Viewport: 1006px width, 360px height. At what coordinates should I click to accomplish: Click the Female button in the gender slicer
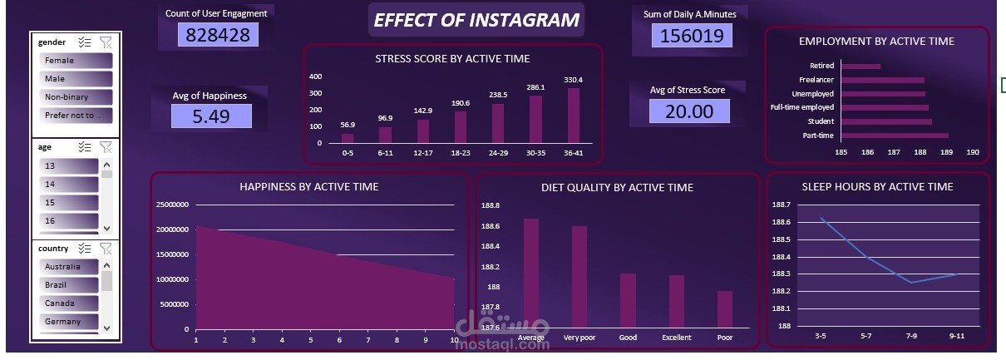(76, 61)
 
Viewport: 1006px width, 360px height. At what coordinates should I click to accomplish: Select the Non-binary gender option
(76, 97)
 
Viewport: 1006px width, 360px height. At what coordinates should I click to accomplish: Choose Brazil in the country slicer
(70, 285)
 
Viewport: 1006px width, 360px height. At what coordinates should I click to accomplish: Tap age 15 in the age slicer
(70, 203)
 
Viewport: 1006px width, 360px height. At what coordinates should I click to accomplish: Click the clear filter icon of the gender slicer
(106, 42)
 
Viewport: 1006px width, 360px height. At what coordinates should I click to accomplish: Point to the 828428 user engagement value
(217, 35)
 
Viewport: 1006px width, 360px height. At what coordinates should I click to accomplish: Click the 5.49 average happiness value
(210, 116)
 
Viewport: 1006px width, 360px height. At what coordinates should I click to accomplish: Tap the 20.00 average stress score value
(689, 111)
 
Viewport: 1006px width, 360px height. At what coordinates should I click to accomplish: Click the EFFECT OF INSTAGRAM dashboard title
(476, 20)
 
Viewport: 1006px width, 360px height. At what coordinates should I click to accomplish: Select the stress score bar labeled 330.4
(574, 115)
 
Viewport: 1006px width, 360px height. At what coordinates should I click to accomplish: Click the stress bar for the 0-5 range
(348, 138)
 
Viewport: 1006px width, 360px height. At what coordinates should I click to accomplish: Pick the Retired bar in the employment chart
(861, 67)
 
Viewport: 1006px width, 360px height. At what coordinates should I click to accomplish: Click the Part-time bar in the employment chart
(895, 136)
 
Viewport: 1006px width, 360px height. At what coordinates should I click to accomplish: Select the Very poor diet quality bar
(579, 277)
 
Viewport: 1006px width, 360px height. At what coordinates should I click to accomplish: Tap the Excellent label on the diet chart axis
(676, 338)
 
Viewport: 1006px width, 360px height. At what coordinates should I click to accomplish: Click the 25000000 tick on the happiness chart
(171, 205)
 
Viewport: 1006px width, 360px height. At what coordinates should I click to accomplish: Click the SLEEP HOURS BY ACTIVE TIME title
(878, 187)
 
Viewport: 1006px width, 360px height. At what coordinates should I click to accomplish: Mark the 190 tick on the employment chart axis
(973, 153)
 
